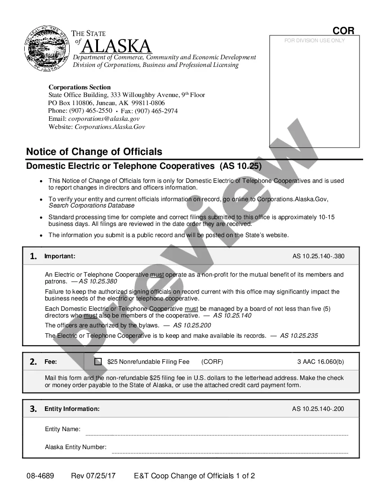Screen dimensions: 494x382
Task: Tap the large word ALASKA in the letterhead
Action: click(116, 46)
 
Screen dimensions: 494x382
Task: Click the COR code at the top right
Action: click(343, 31)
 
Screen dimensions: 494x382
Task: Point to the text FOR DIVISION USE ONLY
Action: click(315, 40)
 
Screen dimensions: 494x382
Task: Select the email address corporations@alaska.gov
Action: click(104, 119)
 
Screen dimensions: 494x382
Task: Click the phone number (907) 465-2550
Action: click(91, 111)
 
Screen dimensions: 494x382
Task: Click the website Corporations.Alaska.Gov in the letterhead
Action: click(110, 127)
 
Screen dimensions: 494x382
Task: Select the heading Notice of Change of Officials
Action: click(94, 152)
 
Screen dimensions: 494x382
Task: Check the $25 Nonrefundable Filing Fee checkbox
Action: click(98, 362)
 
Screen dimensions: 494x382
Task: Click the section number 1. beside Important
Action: click(33, 256)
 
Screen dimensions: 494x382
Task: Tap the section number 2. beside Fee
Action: click(33, 362)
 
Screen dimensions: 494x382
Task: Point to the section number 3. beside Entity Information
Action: click(33, 409)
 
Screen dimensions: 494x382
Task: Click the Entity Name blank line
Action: click(216, 434)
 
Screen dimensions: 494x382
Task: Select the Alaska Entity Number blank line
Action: click(229, 452)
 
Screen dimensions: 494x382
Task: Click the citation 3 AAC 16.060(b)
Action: click(320, 362)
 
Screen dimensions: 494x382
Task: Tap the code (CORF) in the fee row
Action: click(212, 362)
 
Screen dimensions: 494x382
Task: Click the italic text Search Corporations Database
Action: click(91, 206)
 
